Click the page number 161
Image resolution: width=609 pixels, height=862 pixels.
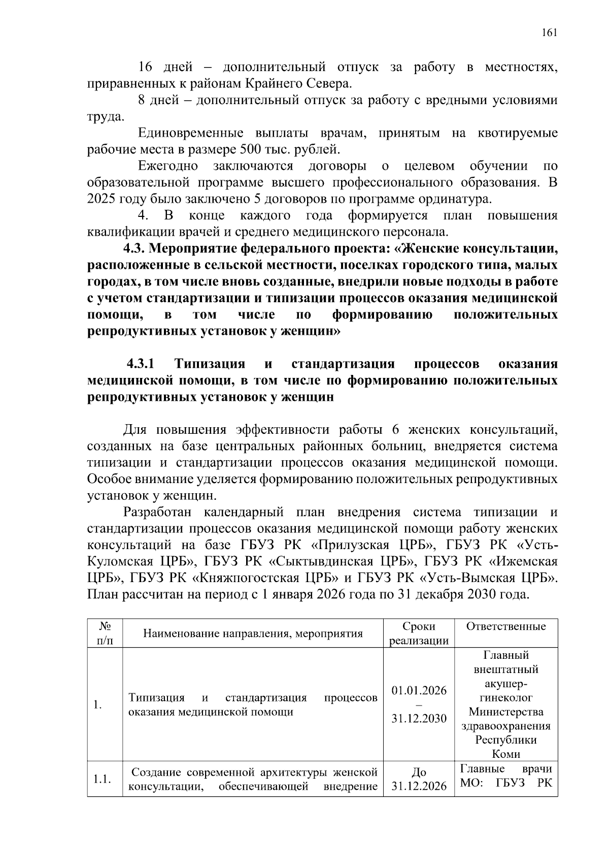click(550, 33)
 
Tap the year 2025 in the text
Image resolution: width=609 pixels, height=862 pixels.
click(100, 199)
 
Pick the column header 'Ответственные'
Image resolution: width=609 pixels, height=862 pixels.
click(505, 626)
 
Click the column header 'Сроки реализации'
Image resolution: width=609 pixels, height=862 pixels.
click(419, 633)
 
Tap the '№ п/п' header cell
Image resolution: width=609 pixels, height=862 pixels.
click(105, 633)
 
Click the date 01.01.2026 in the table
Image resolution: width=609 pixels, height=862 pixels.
click(419, 691)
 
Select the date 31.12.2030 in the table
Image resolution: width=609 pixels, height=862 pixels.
click(419, 719)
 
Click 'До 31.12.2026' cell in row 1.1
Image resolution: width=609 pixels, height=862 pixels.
click(419, 779)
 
